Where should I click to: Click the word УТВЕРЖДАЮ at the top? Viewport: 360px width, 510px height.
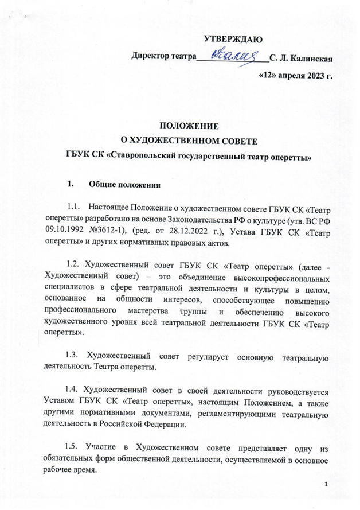point(233,40)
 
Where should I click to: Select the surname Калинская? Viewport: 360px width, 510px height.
point(310,57)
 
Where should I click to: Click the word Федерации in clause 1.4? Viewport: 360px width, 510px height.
point(175,425)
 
